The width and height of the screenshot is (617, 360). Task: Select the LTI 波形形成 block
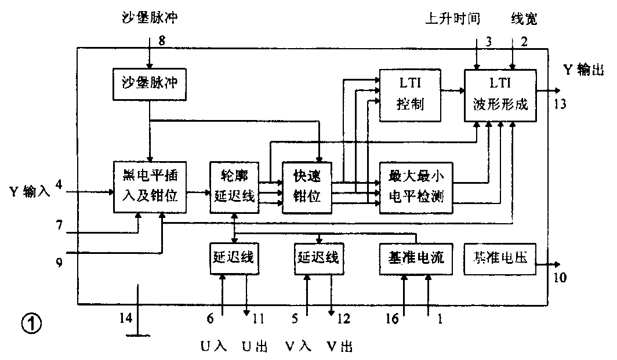coord(500,95)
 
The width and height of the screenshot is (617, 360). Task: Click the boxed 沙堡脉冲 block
coord(150,83)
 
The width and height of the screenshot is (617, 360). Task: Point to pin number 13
coord(560,104)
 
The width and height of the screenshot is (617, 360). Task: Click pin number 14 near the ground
coord(125,318)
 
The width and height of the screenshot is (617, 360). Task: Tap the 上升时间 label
coord(452,19)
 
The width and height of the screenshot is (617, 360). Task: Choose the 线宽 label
coord(524,19)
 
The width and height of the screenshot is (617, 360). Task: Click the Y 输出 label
coord(587,70)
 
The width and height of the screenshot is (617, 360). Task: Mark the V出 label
coord(338,347)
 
